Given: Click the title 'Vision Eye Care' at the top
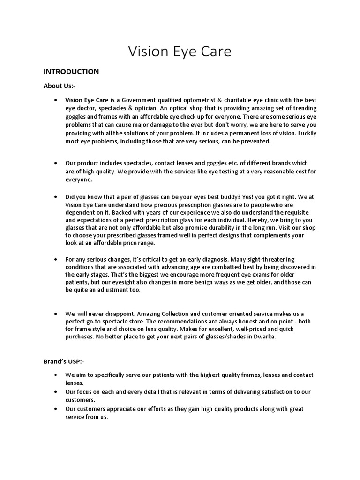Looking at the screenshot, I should (180, 52).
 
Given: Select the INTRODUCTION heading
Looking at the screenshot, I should (71, 72).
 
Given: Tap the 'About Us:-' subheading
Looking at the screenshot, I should (60, 86).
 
